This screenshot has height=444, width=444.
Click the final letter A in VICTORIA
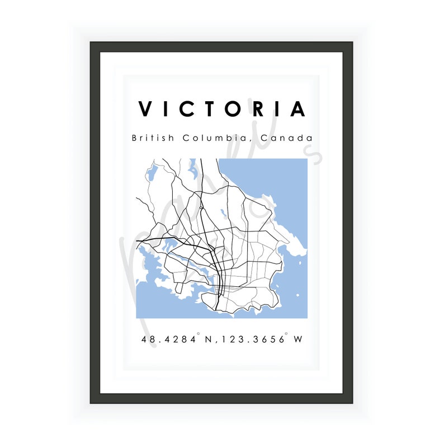[298, 109]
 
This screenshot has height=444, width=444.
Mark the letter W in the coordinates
[298, 339]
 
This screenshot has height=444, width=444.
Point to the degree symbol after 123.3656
[287, 335]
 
